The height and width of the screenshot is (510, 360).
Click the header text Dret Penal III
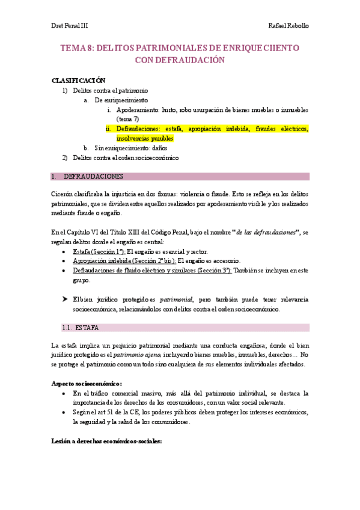[69, 26]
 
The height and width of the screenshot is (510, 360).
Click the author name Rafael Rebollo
[290, 26]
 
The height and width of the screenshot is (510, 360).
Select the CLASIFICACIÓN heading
[79, 81]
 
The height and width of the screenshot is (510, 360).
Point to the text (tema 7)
[127, 119]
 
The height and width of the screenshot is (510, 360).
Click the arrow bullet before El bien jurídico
[65, 299]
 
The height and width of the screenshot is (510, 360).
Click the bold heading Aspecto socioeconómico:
[87, 383]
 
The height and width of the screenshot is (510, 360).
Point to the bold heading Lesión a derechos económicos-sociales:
[106, 441]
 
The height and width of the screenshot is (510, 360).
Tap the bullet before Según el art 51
[65, 413]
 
